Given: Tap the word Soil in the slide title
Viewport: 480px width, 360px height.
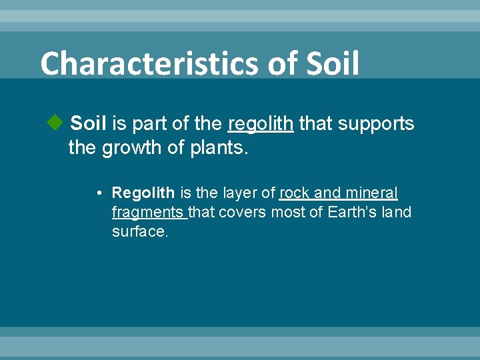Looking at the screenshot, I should coord(333,64).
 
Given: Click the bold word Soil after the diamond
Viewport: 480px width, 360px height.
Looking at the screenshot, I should coord(89,123).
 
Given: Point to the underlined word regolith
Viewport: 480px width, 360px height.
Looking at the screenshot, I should coord(260,124).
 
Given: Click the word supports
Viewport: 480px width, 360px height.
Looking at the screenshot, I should coord(377,124).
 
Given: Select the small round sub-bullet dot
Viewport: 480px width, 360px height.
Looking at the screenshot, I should coord(98,194).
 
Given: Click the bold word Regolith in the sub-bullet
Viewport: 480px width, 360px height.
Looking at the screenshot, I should coord(143,193).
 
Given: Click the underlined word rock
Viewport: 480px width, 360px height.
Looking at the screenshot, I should coord(294,193).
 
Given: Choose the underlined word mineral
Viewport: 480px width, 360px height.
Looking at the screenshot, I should coord(371,193).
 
